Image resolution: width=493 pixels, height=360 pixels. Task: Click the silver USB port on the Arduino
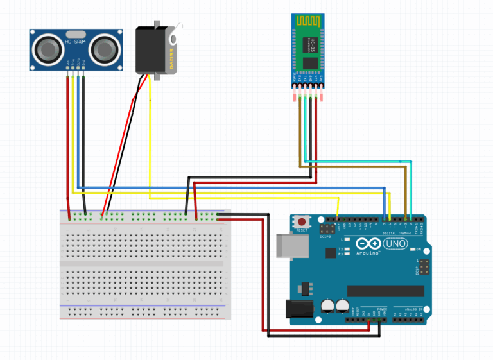(x=287, y=246)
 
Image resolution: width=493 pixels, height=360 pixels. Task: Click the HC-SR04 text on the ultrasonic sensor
(x=76, y=43)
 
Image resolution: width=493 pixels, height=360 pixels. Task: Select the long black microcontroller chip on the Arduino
(x=385, y=291)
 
